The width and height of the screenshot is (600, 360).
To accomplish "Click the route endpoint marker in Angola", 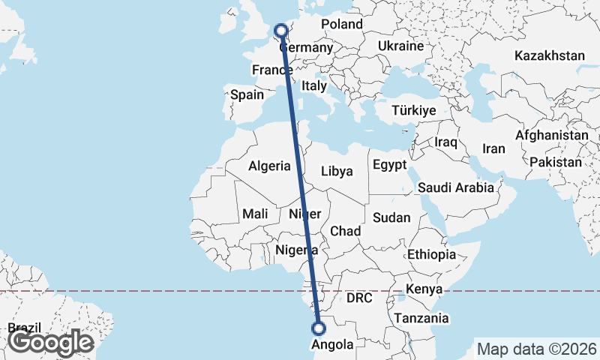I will coord(319,328).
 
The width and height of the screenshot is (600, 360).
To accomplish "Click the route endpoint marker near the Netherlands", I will coord(281,31).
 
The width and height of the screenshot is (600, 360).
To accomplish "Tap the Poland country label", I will coord(341,24).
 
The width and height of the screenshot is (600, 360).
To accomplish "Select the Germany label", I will coord(306,48).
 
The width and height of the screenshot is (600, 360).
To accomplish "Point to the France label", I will coord(271,70).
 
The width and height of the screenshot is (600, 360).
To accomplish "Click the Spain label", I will coord(247,94).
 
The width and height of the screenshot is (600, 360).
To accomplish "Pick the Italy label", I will coord(314,86).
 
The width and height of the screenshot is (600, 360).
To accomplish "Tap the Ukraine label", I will coord(400,46).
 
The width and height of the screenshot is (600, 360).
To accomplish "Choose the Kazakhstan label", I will coord(549,55).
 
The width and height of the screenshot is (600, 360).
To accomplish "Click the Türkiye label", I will coord(413,110).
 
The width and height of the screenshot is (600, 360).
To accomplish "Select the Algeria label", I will coord(269,166).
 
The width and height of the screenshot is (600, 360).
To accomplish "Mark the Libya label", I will coord(337,171).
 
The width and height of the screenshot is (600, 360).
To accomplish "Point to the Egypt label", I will coord(389,165).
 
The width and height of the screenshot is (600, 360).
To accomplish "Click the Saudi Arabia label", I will coord(456,187).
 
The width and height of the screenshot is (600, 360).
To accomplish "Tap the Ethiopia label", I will coord(431,255).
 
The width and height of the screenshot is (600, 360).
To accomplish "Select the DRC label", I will coord(359,298).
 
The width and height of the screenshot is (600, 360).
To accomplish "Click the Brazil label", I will coord(24,328).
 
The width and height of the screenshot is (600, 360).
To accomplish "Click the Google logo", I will coord(50,342).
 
